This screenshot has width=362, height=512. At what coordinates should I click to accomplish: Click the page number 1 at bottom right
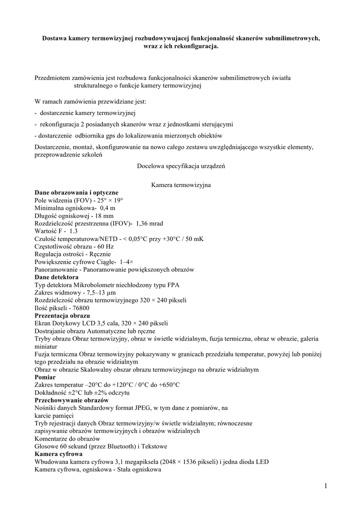click(x=325, y=485)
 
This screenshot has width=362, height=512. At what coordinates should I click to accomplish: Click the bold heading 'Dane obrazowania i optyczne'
click(x=76, y=192)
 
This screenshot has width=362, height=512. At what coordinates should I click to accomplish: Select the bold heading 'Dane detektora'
click(x=56, y=277)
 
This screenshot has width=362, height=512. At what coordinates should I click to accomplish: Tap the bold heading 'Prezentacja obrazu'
click(x=62, y=315)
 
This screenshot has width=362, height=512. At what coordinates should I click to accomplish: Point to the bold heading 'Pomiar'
click(x=45, y=377)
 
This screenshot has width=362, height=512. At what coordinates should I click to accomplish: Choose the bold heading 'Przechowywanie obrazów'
click(x=71, y=400)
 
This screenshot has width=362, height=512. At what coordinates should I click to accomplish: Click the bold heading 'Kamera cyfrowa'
click(x=58, y=454)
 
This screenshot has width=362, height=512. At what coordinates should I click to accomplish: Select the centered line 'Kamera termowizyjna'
click(x=180, y=185)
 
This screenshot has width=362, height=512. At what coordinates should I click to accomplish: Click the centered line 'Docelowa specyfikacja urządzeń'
click(x=180, y=166)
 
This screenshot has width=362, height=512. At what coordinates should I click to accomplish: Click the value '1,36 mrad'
click(x=149, y=223)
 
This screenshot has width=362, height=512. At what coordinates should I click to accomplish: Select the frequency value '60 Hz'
click(x=104, y=246)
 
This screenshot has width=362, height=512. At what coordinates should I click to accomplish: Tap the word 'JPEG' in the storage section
click(x=152, y=408)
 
